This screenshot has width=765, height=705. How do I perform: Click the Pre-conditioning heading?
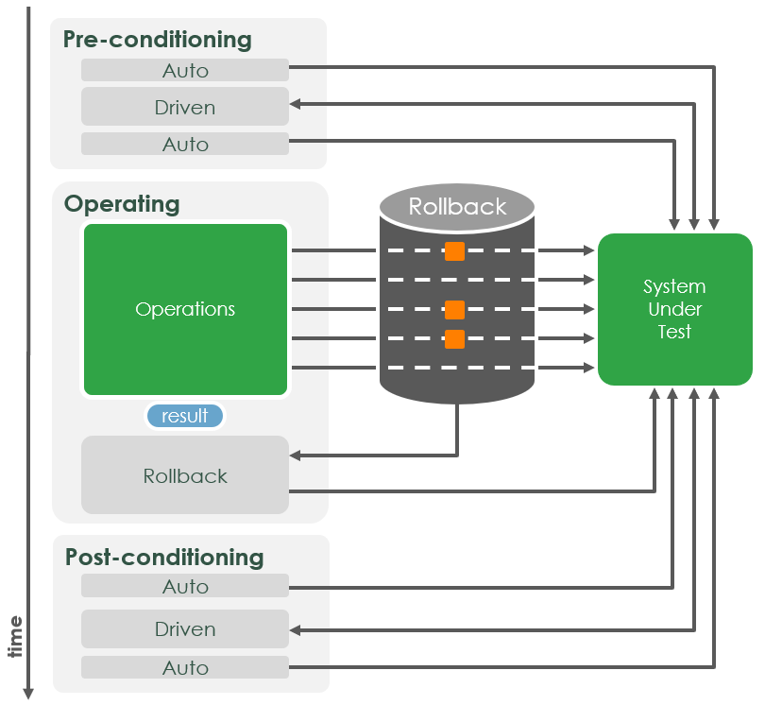click(157, 40)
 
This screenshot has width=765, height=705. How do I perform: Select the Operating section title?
click(121, 203)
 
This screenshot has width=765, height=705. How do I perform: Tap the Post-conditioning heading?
click(164, 557)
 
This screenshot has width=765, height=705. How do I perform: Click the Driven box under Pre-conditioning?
click(185, 108)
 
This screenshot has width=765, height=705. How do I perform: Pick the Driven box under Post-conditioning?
click(185, 629)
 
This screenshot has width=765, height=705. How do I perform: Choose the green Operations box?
click(185, 309)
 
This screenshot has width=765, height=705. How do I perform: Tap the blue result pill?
click(185, 416)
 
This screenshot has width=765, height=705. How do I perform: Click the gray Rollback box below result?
click(185, 475)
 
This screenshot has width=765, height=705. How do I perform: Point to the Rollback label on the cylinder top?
click(457, 207)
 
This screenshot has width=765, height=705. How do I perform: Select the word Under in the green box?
click(674, 309)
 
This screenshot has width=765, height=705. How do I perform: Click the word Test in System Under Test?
click(674, 332)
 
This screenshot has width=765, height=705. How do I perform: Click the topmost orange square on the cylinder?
click(455, 250)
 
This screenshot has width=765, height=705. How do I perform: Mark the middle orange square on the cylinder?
click(455, 310)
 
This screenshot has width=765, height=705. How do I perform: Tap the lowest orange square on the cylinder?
click(455, 339)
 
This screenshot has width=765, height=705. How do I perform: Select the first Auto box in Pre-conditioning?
click(185, 70)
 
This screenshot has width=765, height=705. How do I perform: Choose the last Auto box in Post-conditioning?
click(185, 667)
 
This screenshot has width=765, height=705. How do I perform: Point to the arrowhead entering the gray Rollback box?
click(296, 456)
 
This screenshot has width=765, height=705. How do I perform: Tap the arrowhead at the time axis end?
click(28, 694)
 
